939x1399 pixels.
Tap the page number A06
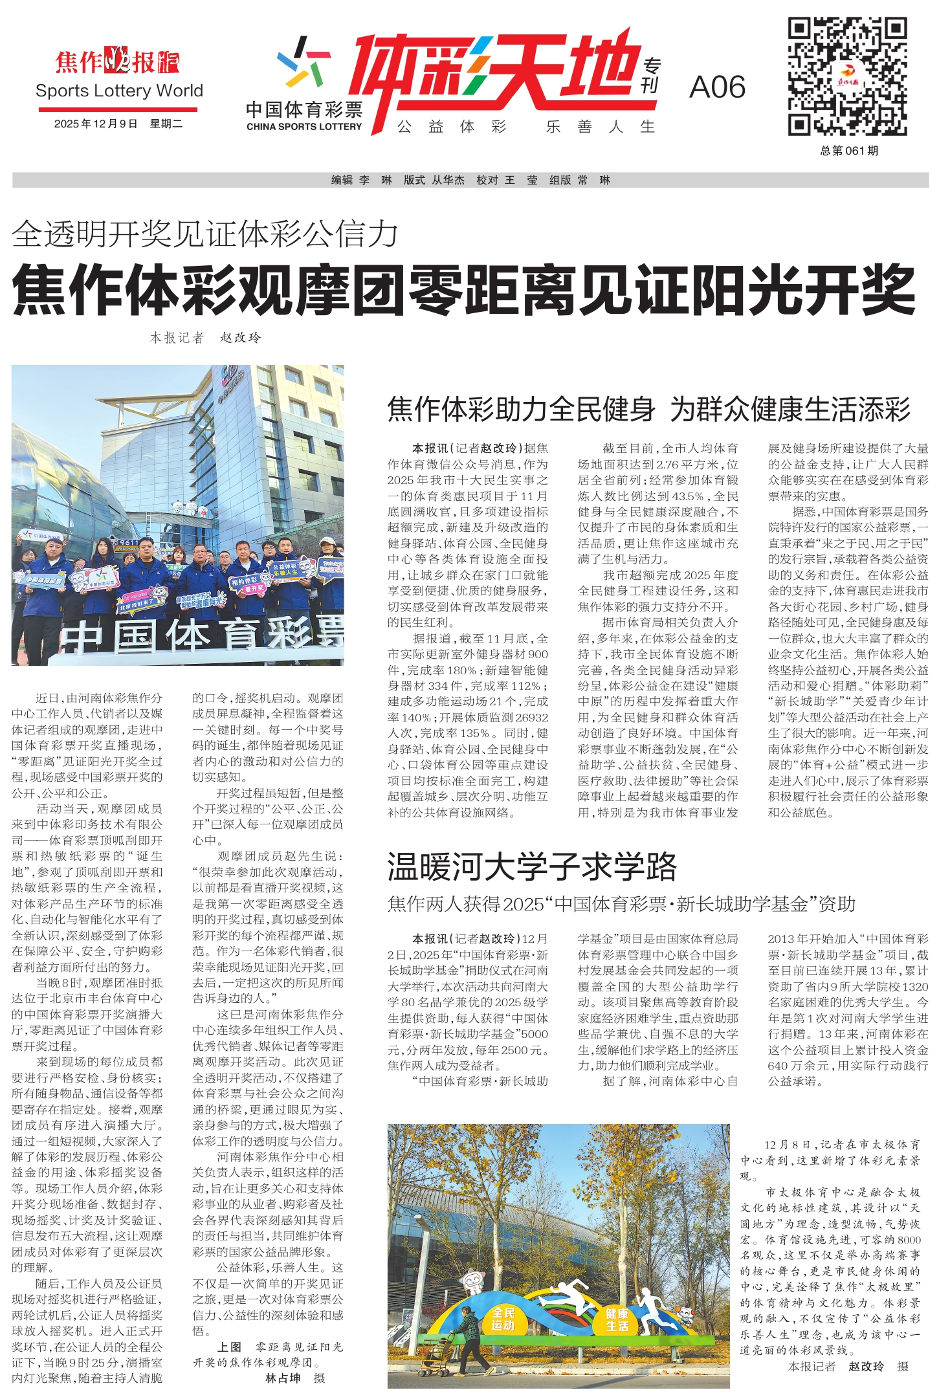[x=717, y=87]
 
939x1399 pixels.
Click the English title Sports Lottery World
[x=119, y=91]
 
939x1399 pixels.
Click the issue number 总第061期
[x=848, y=151]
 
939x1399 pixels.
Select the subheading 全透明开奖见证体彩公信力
[x=204, y=234]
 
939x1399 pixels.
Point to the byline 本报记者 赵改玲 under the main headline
[x=205, y=337]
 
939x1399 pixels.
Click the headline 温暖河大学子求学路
[x=531, y=866]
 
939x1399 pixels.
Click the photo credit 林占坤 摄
[x=295, y=1378]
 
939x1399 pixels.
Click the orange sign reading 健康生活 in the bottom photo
[x=617, y=1319]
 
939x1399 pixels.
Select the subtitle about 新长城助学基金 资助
[x=621, y=903]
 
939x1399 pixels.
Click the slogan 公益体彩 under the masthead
[x=452, y=127]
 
